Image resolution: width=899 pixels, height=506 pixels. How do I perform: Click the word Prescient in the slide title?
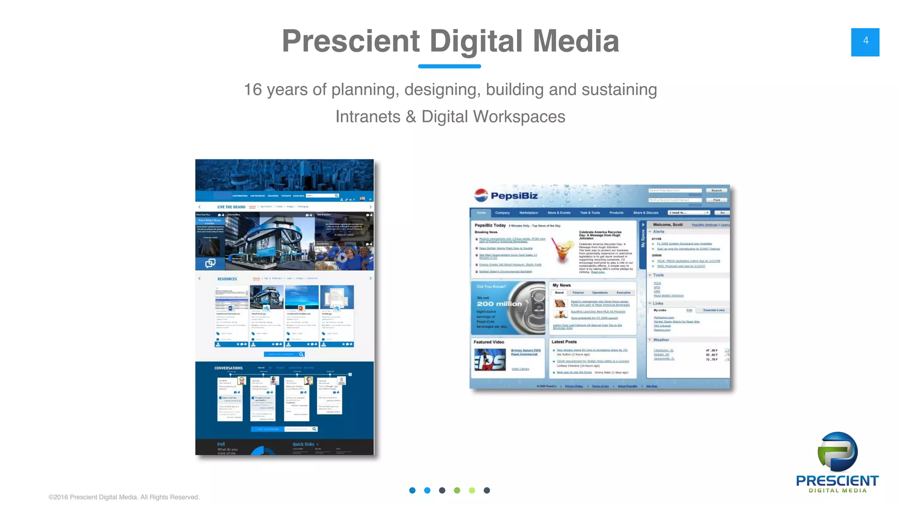pos(351,41)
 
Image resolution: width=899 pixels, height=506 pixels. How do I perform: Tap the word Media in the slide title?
pos(575,41)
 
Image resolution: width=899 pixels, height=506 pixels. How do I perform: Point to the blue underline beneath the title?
pos(449,66)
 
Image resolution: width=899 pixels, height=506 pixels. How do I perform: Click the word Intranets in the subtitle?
pos(368,117)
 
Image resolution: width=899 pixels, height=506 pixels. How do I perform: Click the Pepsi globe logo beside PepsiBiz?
pos(481,195)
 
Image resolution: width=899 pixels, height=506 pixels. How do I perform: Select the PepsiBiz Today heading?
pos(490,225)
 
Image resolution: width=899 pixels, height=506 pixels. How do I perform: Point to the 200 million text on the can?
pos(499,304)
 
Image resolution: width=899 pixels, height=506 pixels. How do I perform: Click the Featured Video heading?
pos(489,342)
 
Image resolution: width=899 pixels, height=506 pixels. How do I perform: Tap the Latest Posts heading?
pos(564,342)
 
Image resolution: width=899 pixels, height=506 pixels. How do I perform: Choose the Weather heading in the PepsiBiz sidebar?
pos(661,340)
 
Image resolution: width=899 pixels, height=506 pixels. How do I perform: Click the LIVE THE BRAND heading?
pos(231,207)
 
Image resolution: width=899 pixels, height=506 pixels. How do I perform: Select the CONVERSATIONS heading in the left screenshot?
pos(228,368)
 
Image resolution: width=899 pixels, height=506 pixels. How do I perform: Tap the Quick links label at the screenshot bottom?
pos(303,444)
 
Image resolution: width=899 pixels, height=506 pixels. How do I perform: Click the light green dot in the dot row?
pos(472,490)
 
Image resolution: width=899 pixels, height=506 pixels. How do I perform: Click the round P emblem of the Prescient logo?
pos(837,452)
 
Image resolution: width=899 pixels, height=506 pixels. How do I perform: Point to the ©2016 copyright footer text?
pos(124,497)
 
